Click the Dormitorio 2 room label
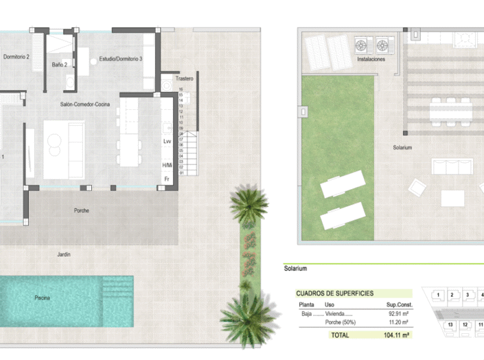(x=15, y=56)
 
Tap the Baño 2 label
(x=60, y=65)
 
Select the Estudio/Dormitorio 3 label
(x=121, y=59)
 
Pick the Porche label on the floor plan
(x=82, y=211)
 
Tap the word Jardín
(x=64, y=254)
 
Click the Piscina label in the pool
(x=43, y=298)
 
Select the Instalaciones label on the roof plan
(x=371, y=60)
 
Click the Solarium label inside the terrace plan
(x=402, y=148)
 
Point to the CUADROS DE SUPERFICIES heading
(x=335, y=293)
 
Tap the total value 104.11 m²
(x=395, y=335)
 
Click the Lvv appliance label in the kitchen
(x=167, y=141)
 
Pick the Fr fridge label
(x=166, y=179)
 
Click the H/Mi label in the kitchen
(x=167, y=165)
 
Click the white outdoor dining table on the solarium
(x=450, y=111)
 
